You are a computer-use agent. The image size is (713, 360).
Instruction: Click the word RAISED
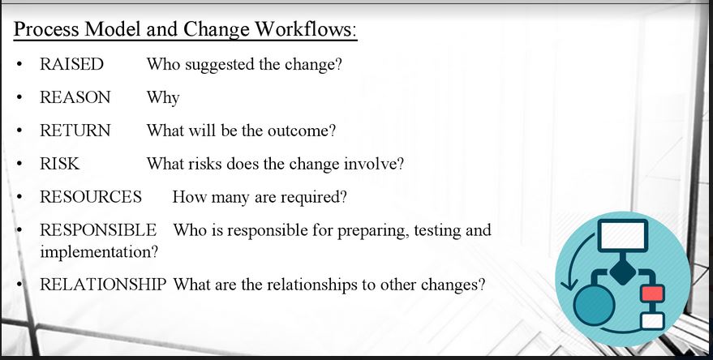point(72,64)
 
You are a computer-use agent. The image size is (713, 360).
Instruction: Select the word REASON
point(75,97)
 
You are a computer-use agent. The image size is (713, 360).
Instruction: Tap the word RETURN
point(75,131)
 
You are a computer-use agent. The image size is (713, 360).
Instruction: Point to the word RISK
point(59,164)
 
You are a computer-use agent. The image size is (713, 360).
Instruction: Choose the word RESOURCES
point(91,197)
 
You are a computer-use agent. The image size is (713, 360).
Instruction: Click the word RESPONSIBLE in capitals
point(98,230)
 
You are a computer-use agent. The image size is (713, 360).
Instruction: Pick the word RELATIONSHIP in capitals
point(103,285)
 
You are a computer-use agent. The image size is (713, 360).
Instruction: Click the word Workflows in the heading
point(306,29)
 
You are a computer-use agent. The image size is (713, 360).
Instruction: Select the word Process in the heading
point(47,29)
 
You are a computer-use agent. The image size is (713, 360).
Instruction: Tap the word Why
point(163,98)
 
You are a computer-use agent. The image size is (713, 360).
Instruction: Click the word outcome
point(302,131)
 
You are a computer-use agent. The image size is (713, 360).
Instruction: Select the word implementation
point(99,252)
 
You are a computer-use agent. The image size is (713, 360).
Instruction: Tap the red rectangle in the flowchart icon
point(652,293)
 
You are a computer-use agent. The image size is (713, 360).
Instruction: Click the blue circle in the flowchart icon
point(595,305)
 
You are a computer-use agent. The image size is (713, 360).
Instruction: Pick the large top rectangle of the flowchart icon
point(623,235)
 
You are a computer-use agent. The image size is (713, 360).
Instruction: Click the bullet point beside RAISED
point(19,65)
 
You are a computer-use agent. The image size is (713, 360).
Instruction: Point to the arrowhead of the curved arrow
point(567,285)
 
